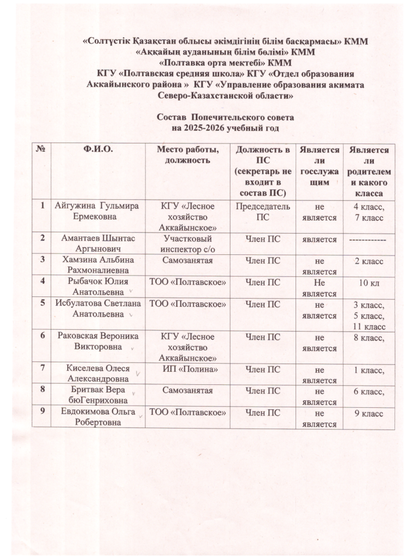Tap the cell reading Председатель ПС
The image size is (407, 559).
[263, 211]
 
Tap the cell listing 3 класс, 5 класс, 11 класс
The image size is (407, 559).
[370, 315]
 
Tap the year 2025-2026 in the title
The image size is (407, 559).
[214, 128]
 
